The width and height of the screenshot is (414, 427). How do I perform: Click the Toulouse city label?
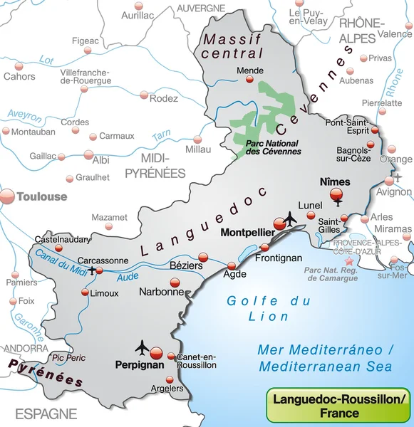pos(42,196)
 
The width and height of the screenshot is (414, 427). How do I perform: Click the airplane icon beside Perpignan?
pos(142,347)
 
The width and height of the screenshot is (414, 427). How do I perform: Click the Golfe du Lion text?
pos(269,308)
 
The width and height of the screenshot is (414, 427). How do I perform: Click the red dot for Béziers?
pos(203,257)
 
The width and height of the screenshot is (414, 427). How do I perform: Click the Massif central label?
pos(232,46)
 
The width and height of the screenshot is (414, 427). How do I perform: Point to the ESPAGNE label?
pos(47,413)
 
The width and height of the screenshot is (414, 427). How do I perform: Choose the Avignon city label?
pos(394,191)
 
